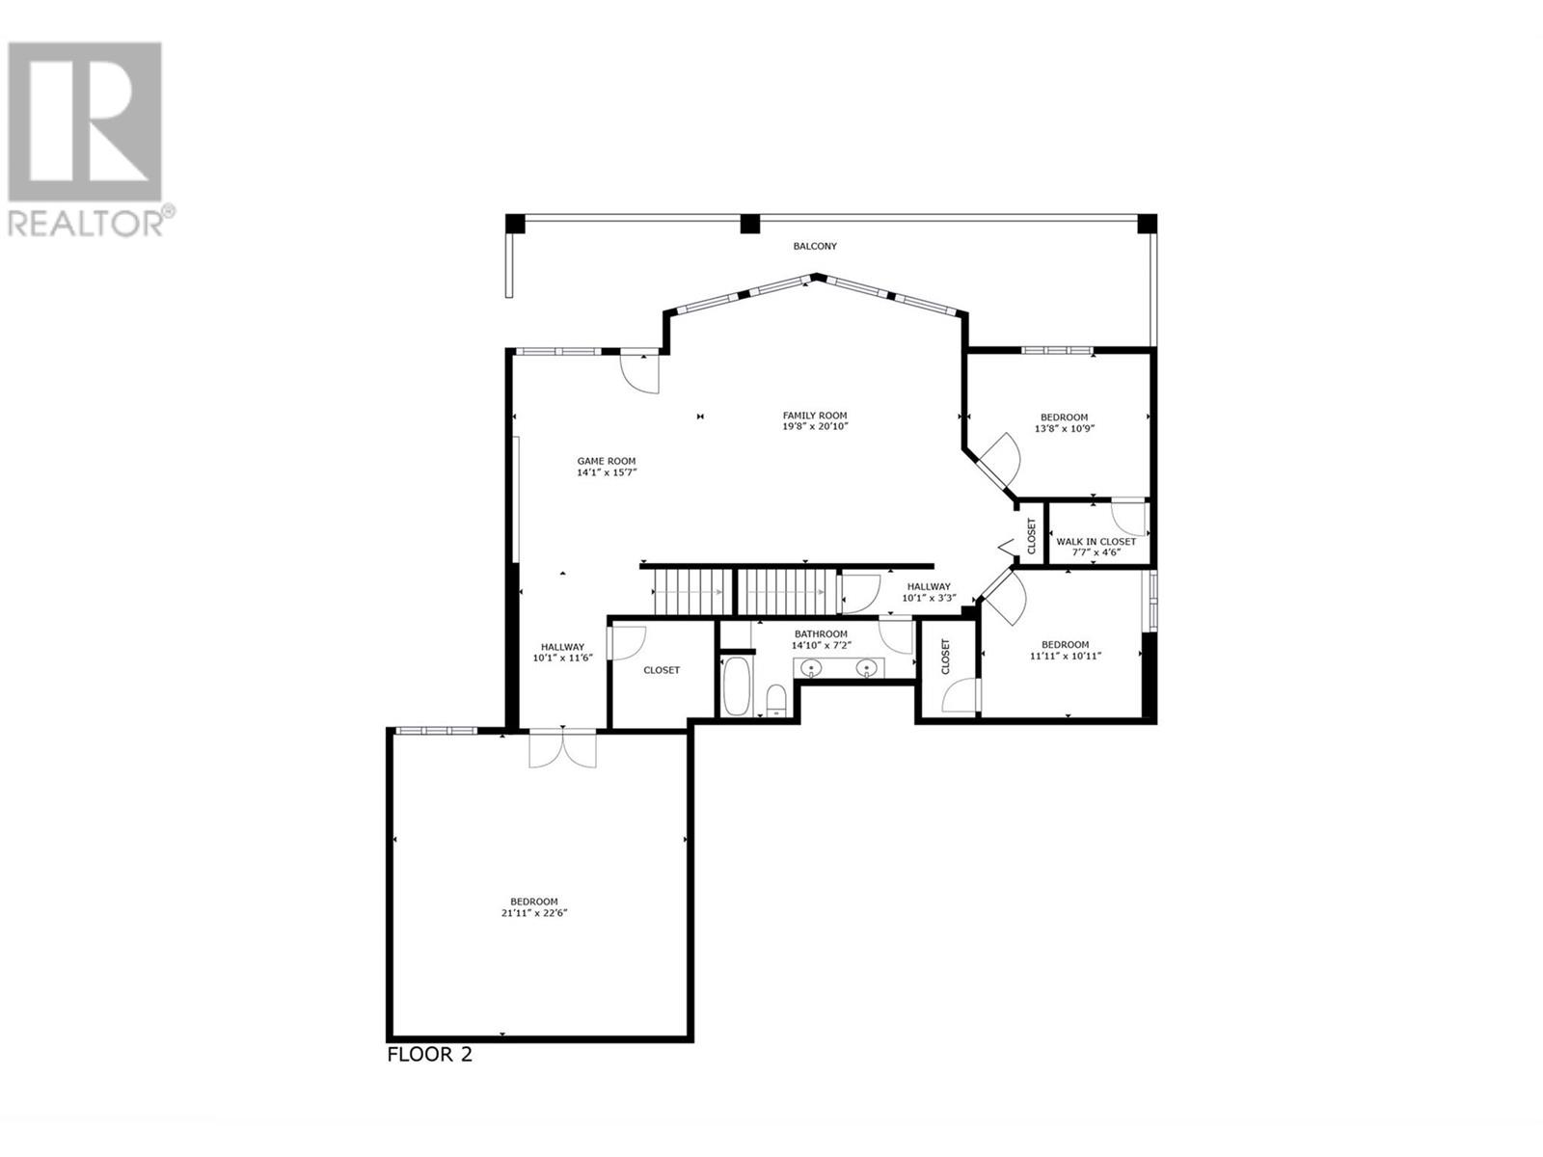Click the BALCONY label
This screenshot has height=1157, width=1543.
(x=815, y=246)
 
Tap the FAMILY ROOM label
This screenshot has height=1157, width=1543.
(x=815, y=416)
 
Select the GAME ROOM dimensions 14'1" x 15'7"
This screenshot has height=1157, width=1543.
(x=607, y=472)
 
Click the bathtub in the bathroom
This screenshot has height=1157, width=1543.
(x=736, y=686)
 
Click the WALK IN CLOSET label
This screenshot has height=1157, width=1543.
(x=1096, y=542)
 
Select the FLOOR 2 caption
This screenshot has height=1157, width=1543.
(x=429, y=1074)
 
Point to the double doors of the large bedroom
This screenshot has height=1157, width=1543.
(x=562, y=749)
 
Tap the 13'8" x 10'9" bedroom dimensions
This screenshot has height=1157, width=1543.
(x=1065, y=428)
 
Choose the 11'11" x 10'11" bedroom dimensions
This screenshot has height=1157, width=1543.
(x=1065, y=657)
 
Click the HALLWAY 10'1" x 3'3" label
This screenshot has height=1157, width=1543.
(x=929, y=593)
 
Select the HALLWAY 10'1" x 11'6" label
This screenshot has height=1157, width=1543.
(x=562, y=653)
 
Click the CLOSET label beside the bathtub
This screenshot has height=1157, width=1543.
(x=662, y=670)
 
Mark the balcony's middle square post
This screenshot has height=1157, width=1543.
(x=750, y=224)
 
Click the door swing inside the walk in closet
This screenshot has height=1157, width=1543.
(x=1129, y=519)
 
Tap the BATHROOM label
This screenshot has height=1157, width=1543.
(x=821, y=633)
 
